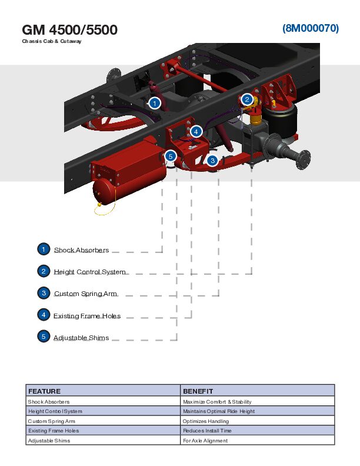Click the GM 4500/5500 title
tap(69, 29)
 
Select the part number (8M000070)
tap(310, 28)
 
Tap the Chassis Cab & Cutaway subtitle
tap(52, 41)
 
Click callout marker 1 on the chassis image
tap(154, 103)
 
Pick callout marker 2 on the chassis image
tap(248, 99)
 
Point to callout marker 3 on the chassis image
tap(212, 160)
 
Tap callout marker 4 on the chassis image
tap(196, 131)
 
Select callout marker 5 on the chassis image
tap(171, 156)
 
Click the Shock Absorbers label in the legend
tap(81, 250)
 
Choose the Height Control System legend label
tap(89, 272)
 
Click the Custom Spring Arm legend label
tap(85, 294)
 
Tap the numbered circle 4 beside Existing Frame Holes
tap(44, 315)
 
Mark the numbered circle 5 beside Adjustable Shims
tap(44, 337)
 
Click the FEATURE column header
tap(45, 391)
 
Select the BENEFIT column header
tap(198, 391)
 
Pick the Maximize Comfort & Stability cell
tap(217, 402)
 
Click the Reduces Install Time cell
tap(207, 431)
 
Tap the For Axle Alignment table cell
tap(205, 441)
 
